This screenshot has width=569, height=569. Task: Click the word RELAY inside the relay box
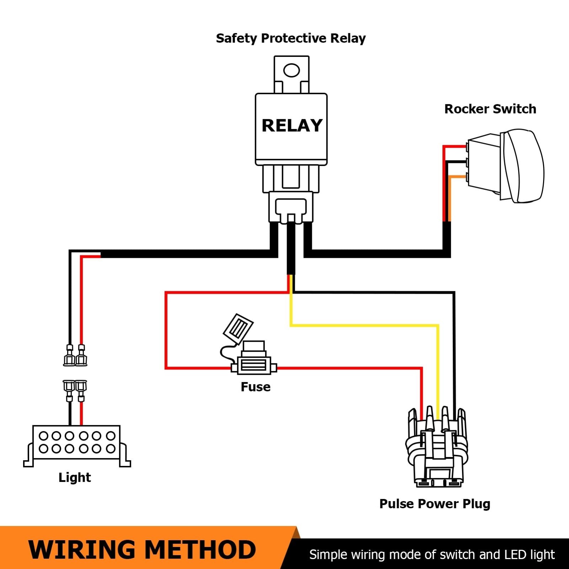pyautogui.click(x=292, y=126)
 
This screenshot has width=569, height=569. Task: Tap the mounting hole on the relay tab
pyautogui.click(x=292, y=70)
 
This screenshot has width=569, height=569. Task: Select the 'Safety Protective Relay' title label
pyautogui.click(x=291, y=38)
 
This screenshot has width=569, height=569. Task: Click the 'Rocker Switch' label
pyautogui.click(x=490, y=109)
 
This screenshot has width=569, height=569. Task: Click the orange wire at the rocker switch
pyautogui.click(x=450, y=199)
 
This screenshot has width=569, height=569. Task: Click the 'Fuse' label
pyautogui.click(x=255, y=387)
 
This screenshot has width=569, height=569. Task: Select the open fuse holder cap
pyautogui.click(x=238, y=328)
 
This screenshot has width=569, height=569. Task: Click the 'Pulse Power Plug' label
pyautogui.click(x=435, y=504)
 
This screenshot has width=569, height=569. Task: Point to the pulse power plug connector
pyautogui.click(x=437, y=452)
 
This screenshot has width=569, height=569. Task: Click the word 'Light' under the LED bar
pyautogui.click(x=75, y=478)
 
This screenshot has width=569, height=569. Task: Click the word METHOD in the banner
pyautogui.click(x=201, y=550)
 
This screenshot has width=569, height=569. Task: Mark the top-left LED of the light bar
pyautogui.click(x=43, y=436)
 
